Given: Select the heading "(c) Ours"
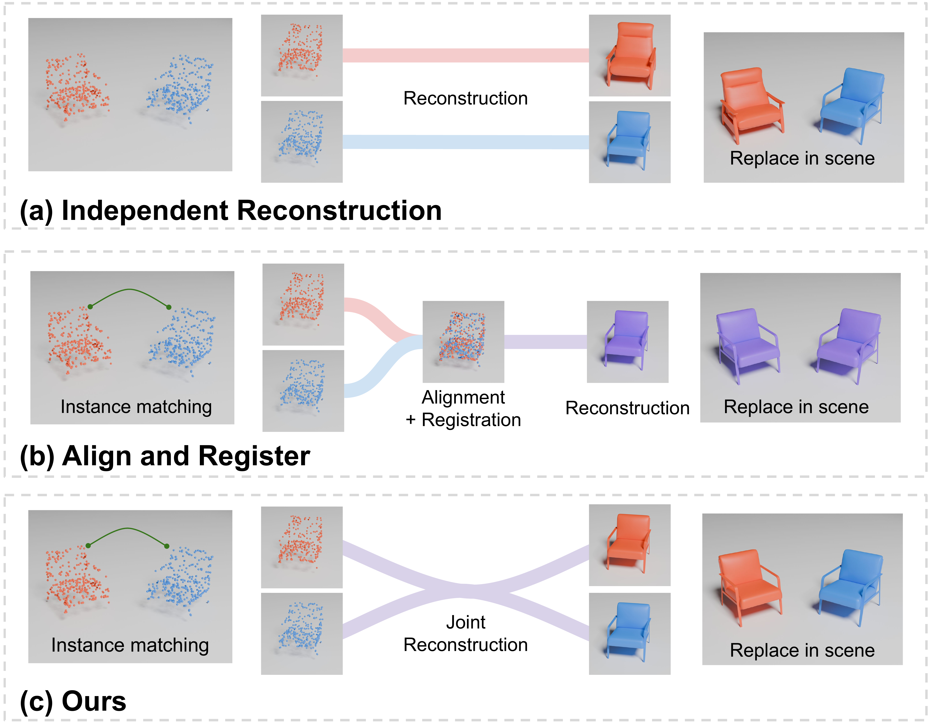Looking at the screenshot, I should click(73, 701).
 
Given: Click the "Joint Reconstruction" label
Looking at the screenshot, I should click(466, 634).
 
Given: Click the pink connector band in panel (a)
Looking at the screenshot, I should click(465, 56).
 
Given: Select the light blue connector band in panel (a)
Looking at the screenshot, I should click(465, 142).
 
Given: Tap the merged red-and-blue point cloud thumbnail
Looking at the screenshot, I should click(463, 342).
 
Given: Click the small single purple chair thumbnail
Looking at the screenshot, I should click(627, 342).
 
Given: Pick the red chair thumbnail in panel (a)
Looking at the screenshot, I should click(630, 56).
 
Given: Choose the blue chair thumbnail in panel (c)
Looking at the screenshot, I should click(630, 634).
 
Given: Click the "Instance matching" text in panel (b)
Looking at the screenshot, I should click(136, 407).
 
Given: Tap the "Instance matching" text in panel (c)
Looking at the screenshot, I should click(130, 645).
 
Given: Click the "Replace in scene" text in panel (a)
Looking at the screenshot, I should click(802, 158).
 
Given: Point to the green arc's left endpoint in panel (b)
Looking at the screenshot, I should click(90, 307).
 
